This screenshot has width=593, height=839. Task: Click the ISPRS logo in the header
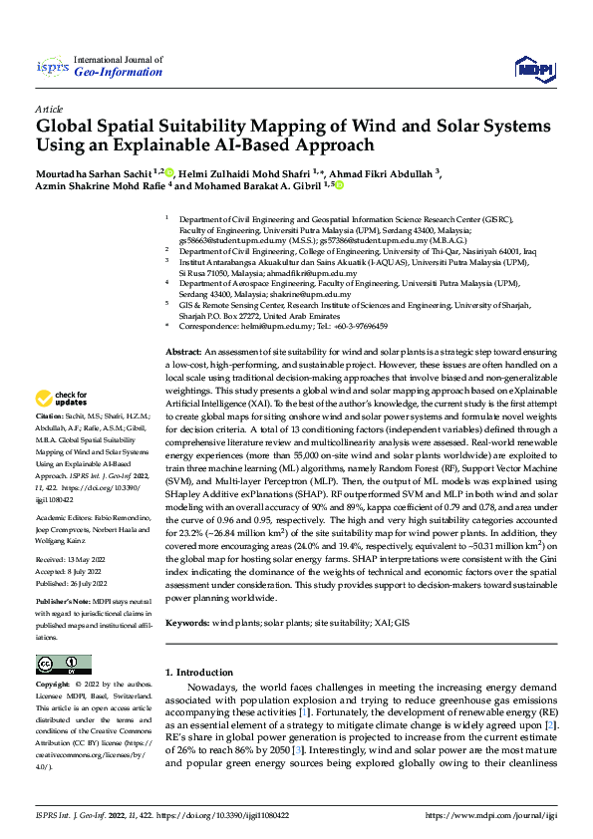(x=51, y=67)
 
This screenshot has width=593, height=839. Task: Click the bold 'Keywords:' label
(x=189, y=622)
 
